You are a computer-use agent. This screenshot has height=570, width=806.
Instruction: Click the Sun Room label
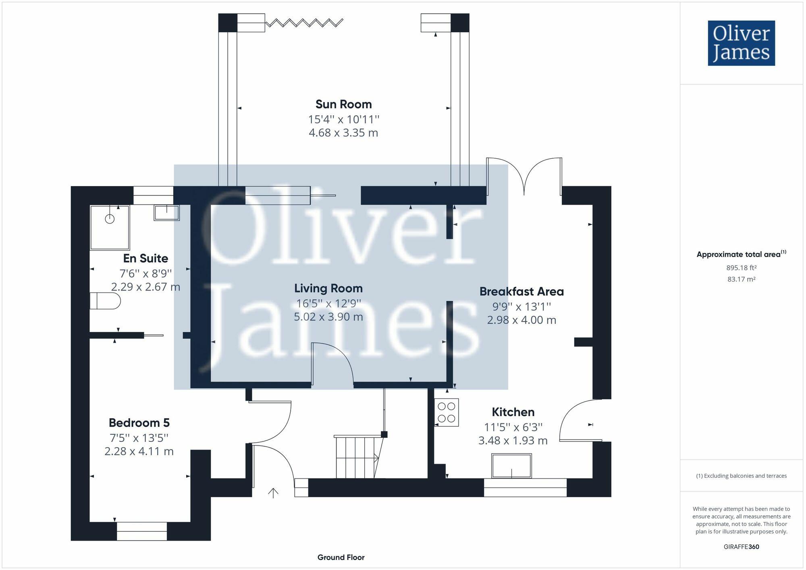coord(343,104)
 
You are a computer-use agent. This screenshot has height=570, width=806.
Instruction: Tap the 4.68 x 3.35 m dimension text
coord(343,133)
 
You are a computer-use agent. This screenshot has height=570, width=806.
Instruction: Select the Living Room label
coord(328,288)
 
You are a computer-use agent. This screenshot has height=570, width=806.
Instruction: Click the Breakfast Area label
coord(521,292)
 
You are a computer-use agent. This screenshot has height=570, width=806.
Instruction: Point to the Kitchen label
coord(513,412)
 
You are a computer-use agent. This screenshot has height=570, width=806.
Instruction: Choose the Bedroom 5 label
coord(139,423)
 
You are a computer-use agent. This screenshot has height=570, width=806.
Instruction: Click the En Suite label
coord(145,258)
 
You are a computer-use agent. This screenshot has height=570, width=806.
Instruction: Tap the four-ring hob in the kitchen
coord(447,412)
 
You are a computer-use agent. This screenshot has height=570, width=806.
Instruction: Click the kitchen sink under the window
coord(511,466)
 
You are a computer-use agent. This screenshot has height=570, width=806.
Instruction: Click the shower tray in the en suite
coord(110,228)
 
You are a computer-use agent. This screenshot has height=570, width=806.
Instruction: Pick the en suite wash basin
coord(166,212)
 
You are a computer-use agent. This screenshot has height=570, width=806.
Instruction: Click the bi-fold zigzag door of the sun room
coord(304,23)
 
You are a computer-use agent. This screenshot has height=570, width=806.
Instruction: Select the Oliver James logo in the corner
coord(741,43)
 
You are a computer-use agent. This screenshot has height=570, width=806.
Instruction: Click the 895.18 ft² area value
coord(741,268)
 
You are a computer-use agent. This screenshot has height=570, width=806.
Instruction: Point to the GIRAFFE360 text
coord(741,547)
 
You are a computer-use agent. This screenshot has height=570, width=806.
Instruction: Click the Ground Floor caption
coord(341,558)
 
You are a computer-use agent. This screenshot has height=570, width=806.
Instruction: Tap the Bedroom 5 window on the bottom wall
coord(142,531)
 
